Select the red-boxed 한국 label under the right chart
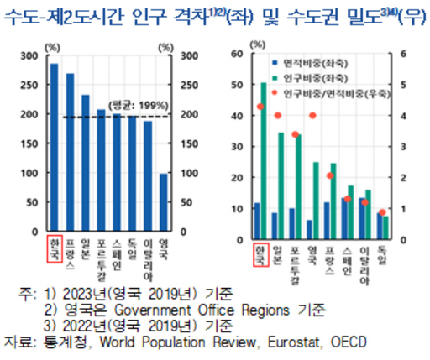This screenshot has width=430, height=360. [260, 254]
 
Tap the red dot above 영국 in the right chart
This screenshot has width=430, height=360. [312, 116]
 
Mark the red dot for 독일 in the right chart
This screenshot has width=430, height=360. [383, 212]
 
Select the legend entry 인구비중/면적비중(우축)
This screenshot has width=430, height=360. [328, 91]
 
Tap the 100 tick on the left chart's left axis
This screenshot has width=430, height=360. [29, 173]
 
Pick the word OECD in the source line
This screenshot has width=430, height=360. [349, 342]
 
